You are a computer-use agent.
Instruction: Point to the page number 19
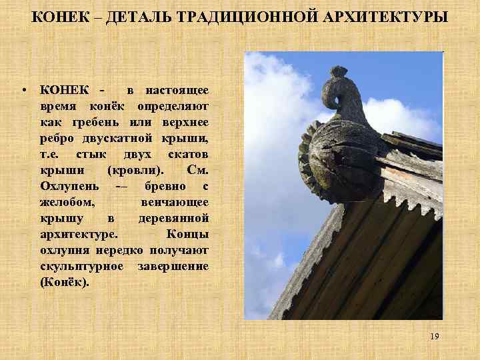[x=434, y=337]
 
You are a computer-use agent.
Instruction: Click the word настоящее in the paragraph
[x=177, y=90]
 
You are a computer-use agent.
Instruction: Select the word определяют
[x=173, y=106]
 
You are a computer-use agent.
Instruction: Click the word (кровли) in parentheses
[x=136, y=170]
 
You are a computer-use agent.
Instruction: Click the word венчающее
[x=175, y=202]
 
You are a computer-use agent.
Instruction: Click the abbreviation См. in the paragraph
[x=199, y=170]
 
